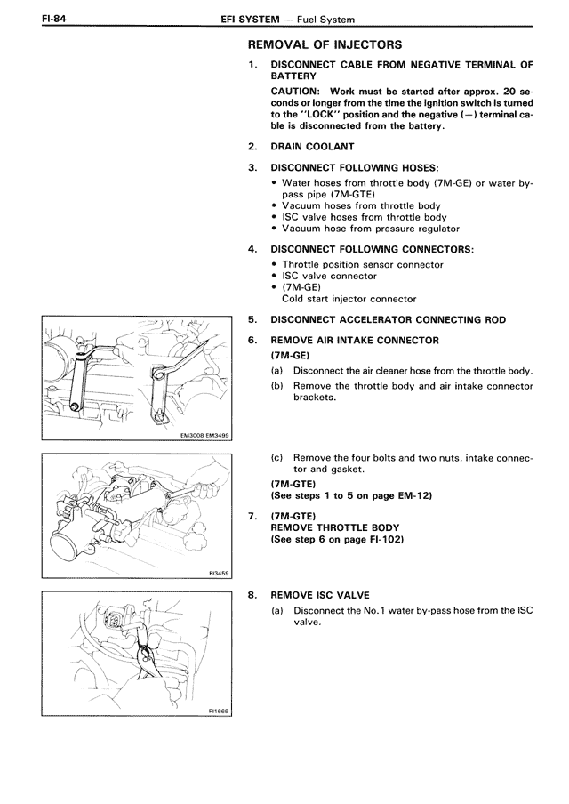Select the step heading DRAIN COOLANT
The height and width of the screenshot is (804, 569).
pyautogui.click(x=312, y=146)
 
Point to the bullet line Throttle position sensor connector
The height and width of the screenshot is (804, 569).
pyautogui.click(x=363, y=264)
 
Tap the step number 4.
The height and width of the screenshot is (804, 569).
pyautogui.click(x=253, y=247)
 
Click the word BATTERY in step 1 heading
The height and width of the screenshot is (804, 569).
pyautogui.click(x=293, y=76)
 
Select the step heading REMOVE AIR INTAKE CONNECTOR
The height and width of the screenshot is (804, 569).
pyautogui.click(x=355, y=340)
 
